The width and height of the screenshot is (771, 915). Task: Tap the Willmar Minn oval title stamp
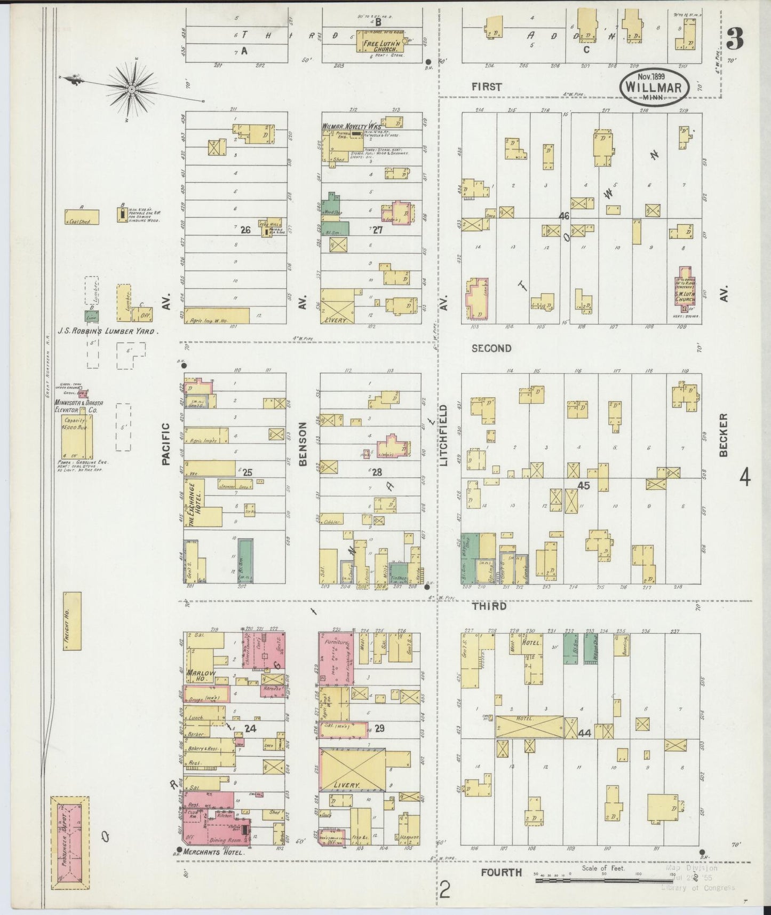tap(654, 88)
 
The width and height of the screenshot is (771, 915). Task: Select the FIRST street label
tap(487, 86)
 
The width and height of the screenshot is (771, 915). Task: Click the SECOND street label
tap(491, 348)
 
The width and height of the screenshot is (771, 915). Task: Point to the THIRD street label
tap(489, 606)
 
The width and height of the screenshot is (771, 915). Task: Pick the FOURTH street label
tap(501, 872)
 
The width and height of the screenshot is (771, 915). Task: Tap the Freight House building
tap(72, 620)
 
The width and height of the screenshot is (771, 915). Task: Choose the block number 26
tap(245, 230)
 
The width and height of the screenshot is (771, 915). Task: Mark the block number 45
tap(583, 486)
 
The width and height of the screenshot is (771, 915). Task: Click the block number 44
tap(584, 733)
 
